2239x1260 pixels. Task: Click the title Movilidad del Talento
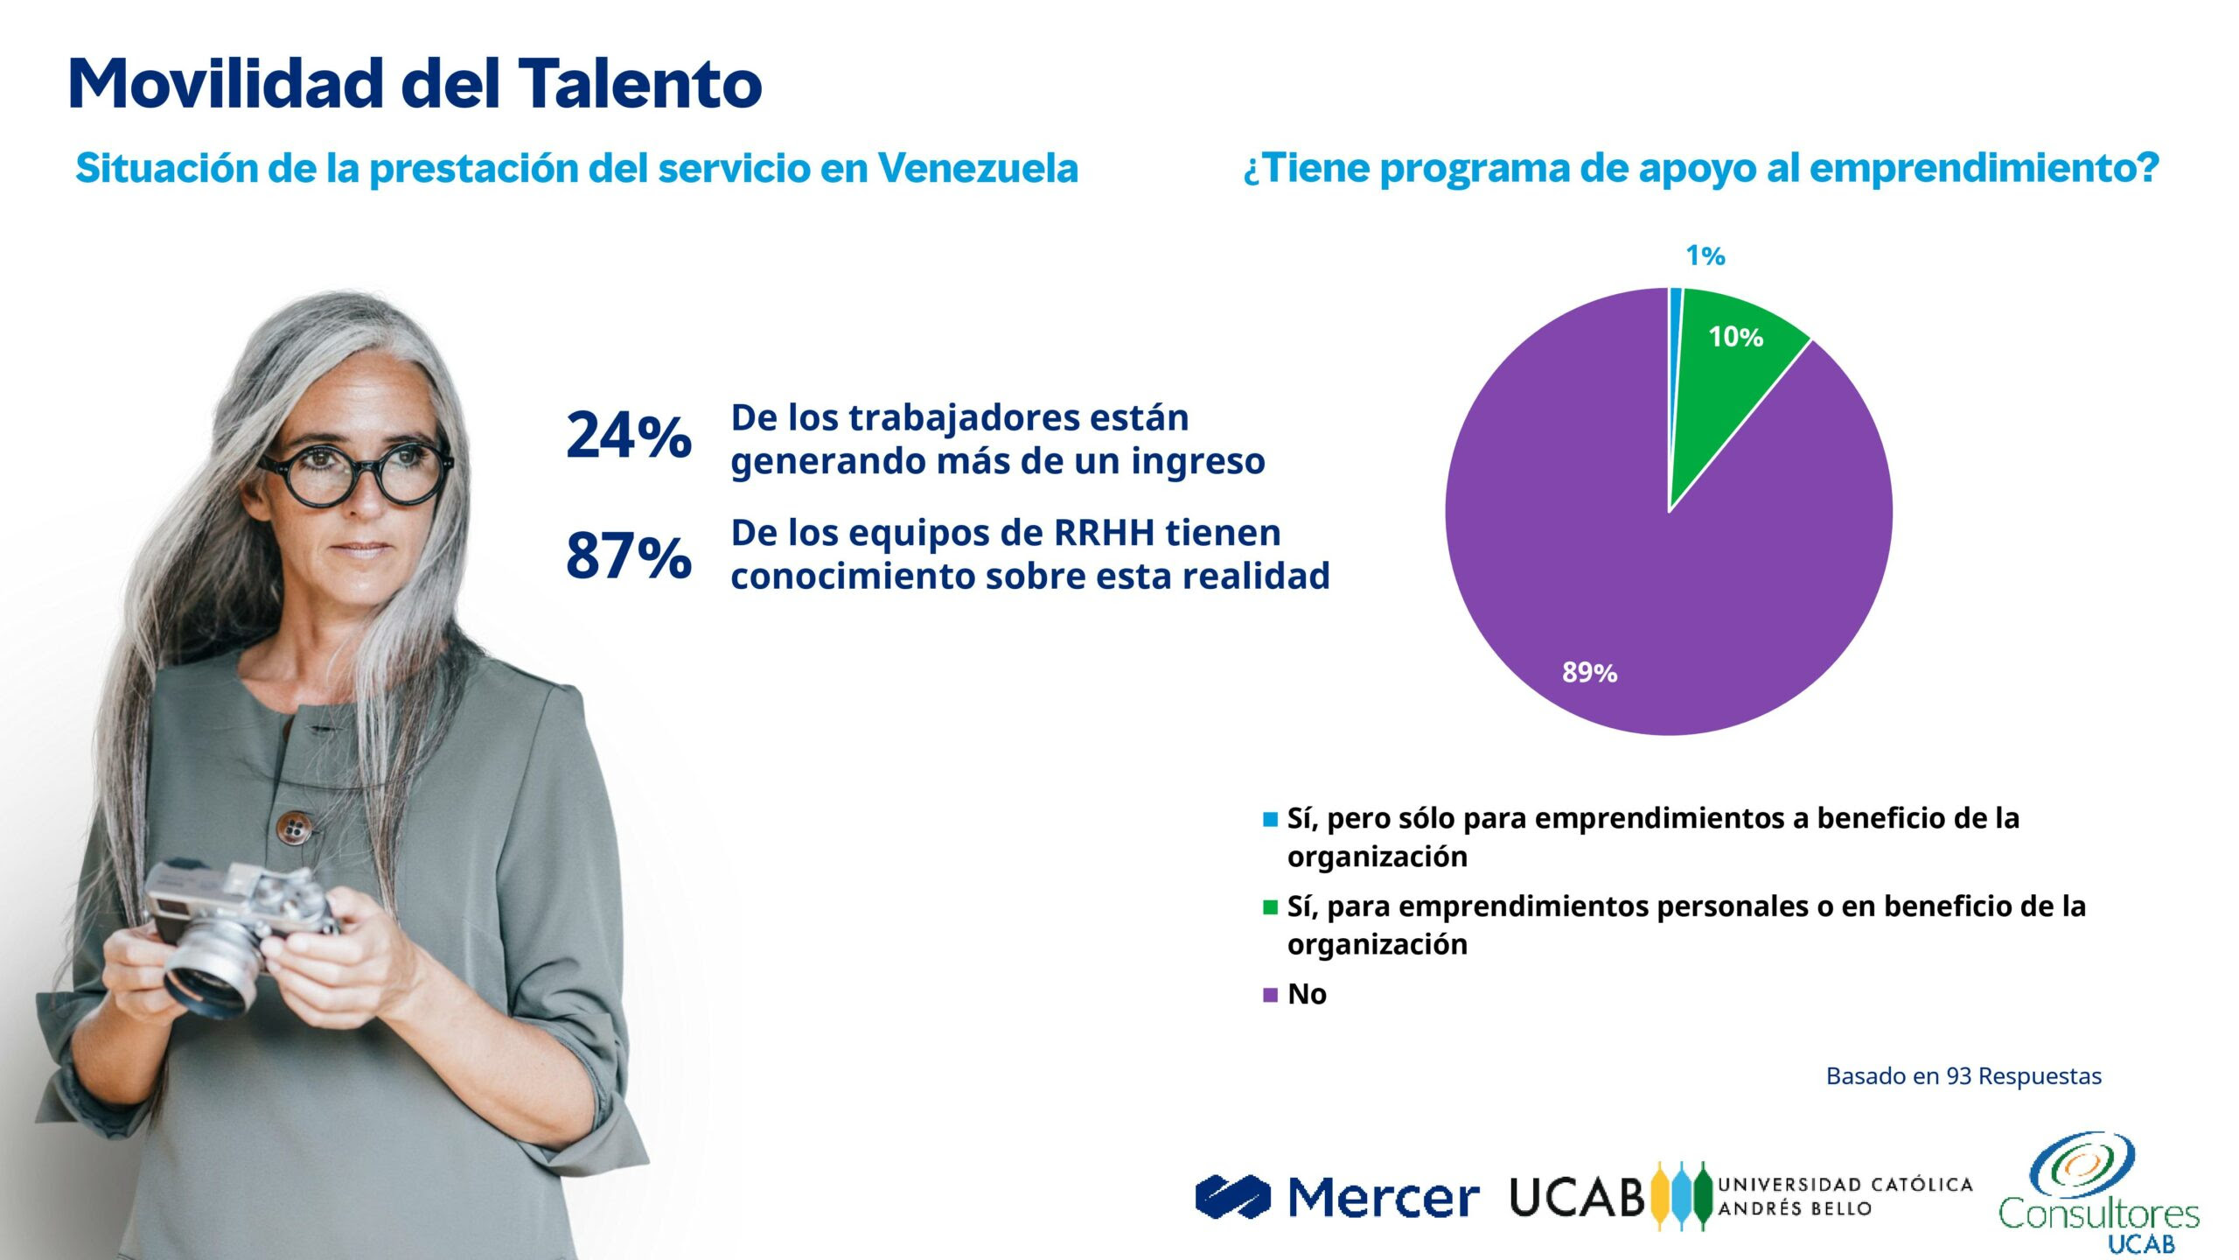(x=415, y=83)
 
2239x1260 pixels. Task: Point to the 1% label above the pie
(x=1705, y=255)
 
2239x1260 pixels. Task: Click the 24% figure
(x=629, y=436)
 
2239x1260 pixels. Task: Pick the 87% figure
(x=629, y=556)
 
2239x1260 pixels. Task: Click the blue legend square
(x=1270, y=820)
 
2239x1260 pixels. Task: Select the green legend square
(x=1270, y=907)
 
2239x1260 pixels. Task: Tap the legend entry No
(x=1307, y=994)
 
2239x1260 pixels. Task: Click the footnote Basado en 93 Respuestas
(x=1963, y=1076)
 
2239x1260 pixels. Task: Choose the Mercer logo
(x=1337, y=1197)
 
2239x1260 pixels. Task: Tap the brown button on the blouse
(x=294, y=825)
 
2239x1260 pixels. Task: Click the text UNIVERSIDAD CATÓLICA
(x=1845, y=1185)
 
